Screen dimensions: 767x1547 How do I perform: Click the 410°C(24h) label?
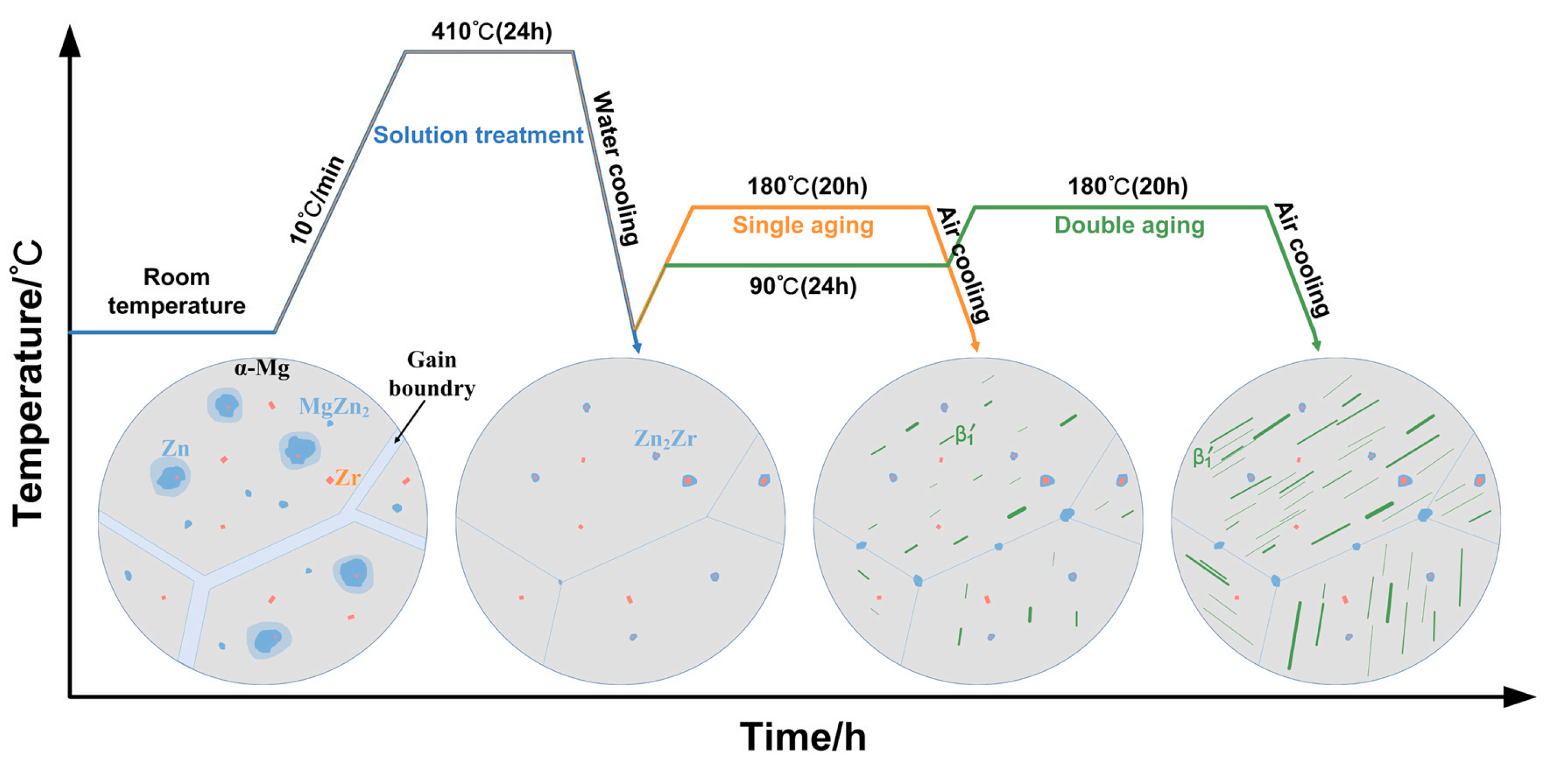(x=491, y=31)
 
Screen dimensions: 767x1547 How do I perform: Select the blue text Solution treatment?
(x=478, y=135)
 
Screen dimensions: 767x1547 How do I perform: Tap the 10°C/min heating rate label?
(x=317, y=200)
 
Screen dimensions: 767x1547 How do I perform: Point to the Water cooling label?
(x=616, y=168)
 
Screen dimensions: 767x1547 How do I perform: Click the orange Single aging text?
(x=803, y=225)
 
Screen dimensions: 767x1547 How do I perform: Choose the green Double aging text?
(x=1129, y=225)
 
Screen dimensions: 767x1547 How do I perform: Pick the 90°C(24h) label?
(x=803, y=286)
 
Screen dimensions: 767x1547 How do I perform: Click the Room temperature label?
(x=177, y=291)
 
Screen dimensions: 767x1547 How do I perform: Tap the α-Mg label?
(x=262, y=368)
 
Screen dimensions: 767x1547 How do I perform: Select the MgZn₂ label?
(x=334, y=408)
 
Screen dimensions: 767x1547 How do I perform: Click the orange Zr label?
(x=348, y=477)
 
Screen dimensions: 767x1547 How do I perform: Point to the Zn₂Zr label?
(x=665, y=439)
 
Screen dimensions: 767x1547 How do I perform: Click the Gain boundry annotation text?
(x=432, y=374)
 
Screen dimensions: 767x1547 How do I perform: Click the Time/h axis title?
(x=803, y=736)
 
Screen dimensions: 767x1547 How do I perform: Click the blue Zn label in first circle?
(x=175, y=449)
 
